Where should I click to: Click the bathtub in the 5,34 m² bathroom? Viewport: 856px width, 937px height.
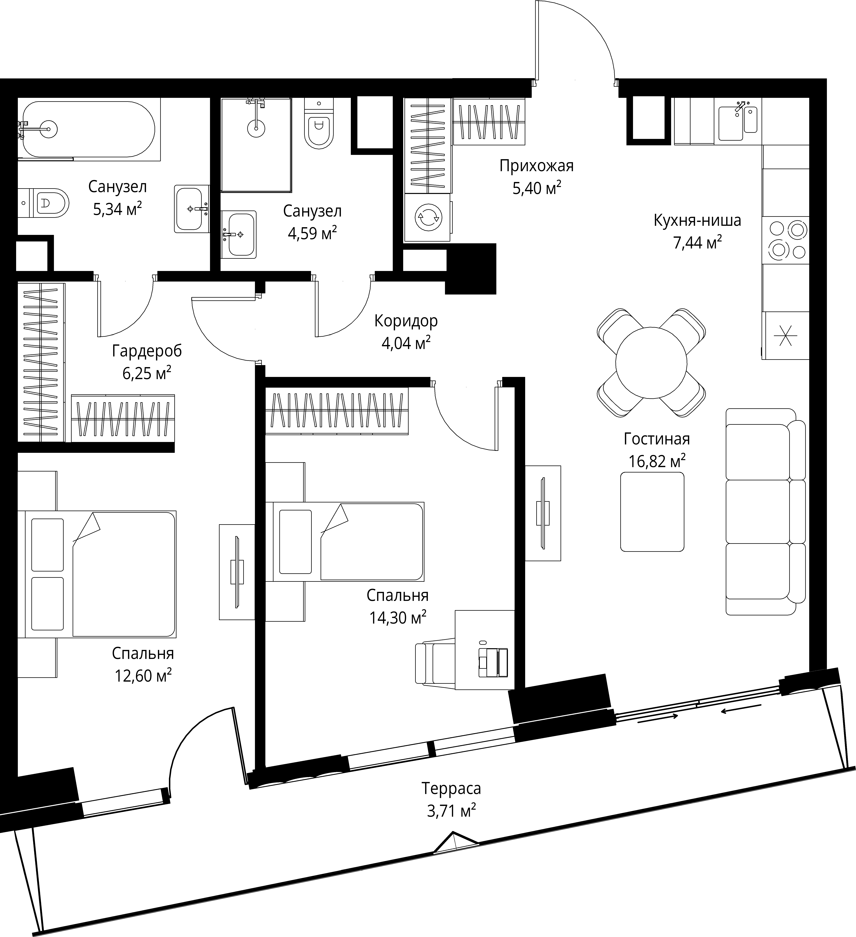coord(88,129)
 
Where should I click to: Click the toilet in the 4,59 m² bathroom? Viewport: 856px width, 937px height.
coord(319,125)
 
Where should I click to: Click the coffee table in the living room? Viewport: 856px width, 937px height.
coord(652,512)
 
